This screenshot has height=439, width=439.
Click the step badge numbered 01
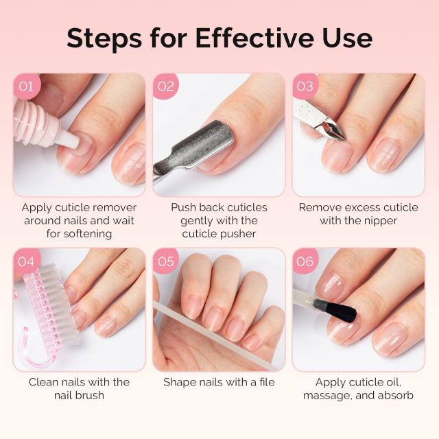click(x=26, y=86)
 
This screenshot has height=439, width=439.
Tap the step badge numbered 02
click(x=166, y=86)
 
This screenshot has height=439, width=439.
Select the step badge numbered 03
click(x=305, y=86)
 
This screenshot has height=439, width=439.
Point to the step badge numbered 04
click(x=26, y=261)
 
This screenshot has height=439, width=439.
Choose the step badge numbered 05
click(x=166, y=261)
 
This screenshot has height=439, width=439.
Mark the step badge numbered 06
click(x=305, y=261)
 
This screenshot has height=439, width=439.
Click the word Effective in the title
click(x=250, y=38)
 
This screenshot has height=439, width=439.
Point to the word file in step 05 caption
click(x=264, y=382)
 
